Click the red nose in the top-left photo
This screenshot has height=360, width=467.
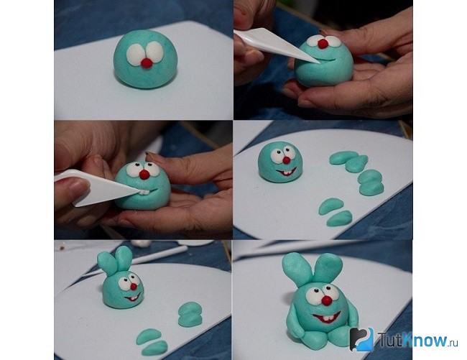pos(147,63)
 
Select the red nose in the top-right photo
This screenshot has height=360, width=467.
pos(322,44)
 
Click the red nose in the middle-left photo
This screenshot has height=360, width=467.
pos(144,174)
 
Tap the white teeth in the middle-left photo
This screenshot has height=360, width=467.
pos(144,192)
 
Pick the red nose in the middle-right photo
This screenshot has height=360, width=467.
pos(286,160)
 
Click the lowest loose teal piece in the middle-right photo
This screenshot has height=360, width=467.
pos(339,218)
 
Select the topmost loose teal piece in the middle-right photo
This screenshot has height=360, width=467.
pos(343,157)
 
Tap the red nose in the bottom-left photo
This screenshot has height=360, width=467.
pos(134,287)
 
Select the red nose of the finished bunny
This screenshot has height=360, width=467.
pos(327,300)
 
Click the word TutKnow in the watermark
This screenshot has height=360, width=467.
pos(413,340)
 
